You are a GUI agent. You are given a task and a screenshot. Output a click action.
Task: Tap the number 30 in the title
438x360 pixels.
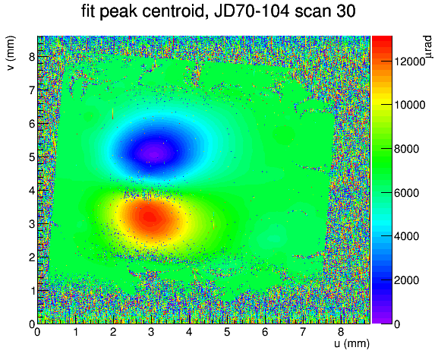point(345,11)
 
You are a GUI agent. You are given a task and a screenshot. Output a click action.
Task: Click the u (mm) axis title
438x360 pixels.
point(351,343)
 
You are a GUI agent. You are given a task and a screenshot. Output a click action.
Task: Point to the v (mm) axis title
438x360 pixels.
point(11,53)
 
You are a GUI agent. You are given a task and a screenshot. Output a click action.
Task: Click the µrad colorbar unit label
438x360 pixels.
point(427,47)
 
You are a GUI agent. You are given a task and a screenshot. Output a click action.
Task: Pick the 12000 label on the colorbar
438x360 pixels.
point(409,62)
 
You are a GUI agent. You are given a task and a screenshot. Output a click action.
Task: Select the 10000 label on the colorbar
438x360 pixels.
point(409,105)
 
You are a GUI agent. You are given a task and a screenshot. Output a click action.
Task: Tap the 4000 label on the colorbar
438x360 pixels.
point(406,236)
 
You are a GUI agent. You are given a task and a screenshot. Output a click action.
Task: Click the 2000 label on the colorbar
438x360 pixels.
point(406,280)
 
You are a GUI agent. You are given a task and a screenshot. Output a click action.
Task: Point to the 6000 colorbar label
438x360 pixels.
point(406,193)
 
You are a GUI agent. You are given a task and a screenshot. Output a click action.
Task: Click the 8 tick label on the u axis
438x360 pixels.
point(341,332)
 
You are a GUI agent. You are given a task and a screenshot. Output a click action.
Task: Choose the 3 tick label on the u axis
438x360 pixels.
point(151,332)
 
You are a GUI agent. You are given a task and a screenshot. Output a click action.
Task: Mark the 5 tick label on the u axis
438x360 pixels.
point(227,332)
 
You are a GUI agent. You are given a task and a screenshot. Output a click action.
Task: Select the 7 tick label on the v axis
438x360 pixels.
point(32,90)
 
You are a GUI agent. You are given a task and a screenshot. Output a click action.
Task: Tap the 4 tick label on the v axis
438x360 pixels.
point(32,191)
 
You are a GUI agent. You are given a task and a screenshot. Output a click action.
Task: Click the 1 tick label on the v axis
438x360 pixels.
point(32,291)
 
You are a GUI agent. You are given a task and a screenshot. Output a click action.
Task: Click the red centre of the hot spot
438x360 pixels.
point(150,217)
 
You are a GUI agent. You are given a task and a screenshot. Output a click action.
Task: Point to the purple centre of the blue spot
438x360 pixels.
point(154,153)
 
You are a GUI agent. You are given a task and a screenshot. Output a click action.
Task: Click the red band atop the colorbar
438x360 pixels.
point(382,39)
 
